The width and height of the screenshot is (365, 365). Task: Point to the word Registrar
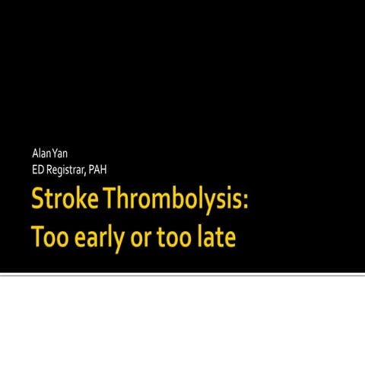coord(65,169)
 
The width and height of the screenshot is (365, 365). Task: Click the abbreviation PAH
coord(97,169)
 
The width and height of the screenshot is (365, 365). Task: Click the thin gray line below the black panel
coord(182,275)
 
